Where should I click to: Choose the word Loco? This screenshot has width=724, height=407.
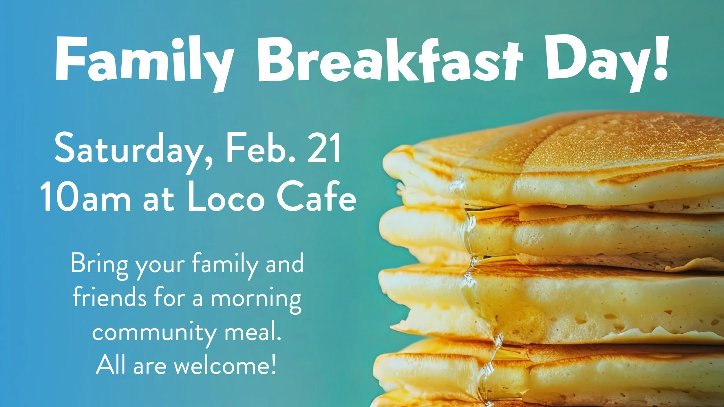[226, 197]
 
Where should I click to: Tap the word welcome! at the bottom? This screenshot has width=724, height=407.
[225, 365]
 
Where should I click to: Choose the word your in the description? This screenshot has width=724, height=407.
[160, 266]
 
